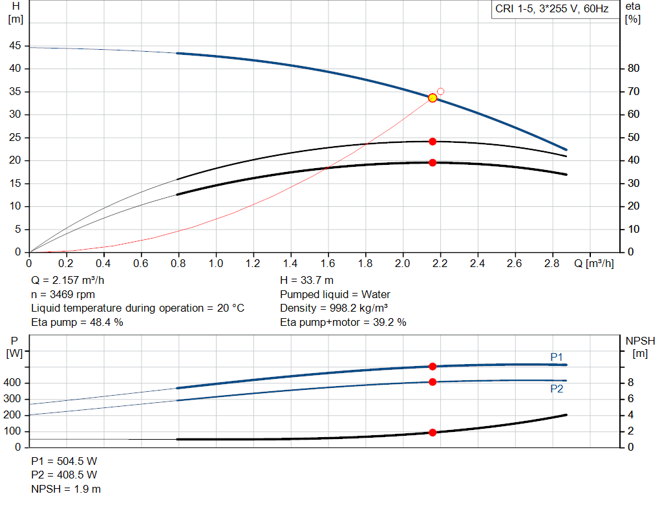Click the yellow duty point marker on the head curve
click(432, 98)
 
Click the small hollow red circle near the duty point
click(441, 91)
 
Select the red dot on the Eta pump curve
click(432, 141)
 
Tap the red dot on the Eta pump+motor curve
click(432, 162)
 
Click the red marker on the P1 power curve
click(432, 367)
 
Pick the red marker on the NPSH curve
click(432, 432)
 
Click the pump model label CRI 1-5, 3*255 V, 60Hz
click(551, 10)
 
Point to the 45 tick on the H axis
click(15, 46)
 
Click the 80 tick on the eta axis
click(634, 69)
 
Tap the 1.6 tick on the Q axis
click(328, 264)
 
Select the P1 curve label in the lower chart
click(557, 356)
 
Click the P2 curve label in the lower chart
click(557, 389)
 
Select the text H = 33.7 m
click(306, 280)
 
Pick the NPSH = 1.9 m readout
click(66, 489)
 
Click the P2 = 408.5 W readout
click(64, 475)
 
